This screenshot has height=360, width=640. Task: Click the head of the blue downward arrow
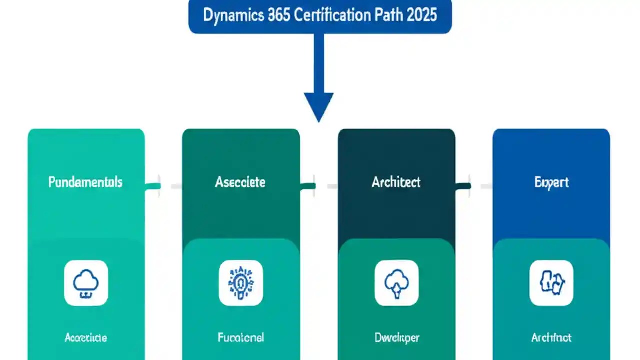tap(319, 106)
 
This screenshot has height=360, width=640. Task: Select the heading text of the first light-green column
tap(85, 182)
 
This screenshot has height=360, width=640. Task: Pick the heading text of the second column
tap(240, 182)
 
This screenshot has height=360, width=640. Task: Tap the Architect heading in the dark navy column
tap(396, 182)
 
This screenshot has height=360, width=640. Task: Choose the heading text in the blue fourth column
tap(551, 182)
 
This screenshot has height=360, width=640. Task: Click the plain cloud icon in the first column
tap(86, 283)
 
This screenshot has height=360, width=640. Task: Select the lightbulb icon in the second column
tap(241, 283)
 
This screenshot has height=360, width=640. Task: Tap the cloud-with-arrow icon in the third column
tap(396, 283)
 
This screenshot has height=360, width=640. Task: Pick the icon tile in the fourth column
tap(551, 283)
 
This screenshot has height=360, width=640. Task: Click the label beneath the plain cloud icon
tap(86, 338)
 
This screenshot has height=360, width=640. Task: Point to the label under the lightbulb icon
tap(241, 338)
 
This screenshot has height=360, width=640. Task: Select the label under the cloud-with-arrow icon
tap(396, 338)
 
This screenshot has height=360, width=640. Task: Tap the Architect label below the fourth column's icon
tap(551, 338)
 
